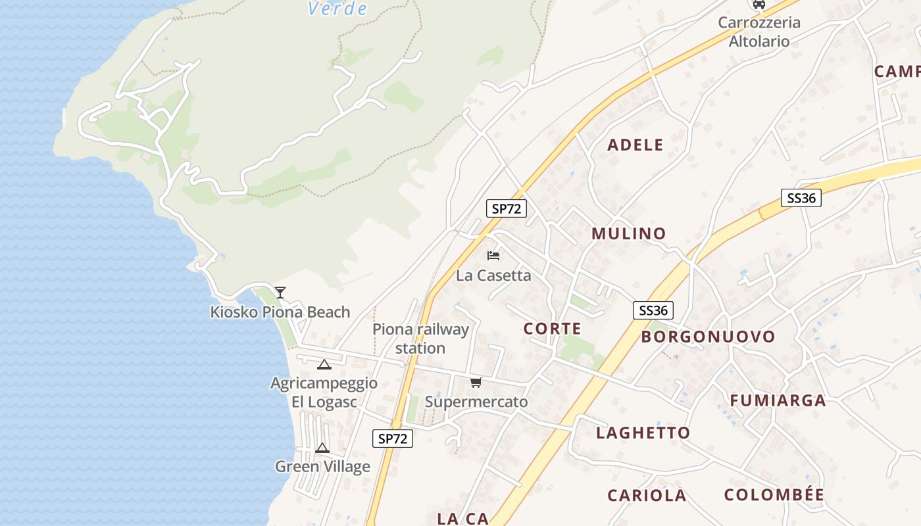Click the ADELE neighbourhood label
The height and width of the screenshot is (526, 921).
(x=635, y=145)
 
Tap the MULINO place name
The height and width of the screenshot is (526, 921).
(x=628, y=233)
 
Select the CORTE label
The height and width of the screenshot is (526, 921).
(x=552, y=329)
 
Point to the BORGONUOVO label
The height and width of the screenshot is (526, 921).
(x=708, y=337)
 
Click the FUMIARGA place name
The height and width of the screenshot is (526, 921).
(x=778, y=400)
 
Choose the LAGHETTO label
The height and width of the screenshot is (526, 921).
(x=643, y=433)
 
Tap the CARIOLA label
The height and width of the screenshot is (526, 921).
(x=647, y=495)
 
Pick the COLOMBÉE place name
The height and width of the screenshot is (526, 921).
(x=774, y=494)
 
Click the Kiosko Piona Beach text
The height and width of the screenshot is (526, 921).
(x=280, y=312)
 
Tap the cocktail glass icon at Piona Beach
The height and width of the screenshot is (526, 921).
(x=280, y=292)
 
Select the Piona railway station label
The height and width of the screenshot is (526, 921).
(x=420, y=339)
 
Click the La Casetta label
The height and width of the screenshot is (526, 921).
(x=493, y=275)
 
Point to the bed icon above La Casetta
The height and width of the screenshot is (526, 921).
(x=493, y=255)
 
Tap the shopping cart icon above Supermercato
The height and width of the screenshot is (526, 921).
(x=476, y=382)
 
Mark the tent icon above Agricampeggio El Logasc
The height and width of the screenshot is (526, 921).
(x=324, y=364)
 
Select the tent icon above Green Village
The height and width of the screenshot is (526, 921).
(x=322, y=448)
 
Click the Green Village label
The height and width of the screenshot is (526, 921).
(x=322, y=467)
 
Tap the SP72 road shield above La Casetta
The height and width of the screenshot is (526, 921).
(x=507, y=208)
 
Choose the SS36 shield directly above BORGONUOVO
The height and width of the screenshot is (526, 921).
(x=653, y=310)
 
